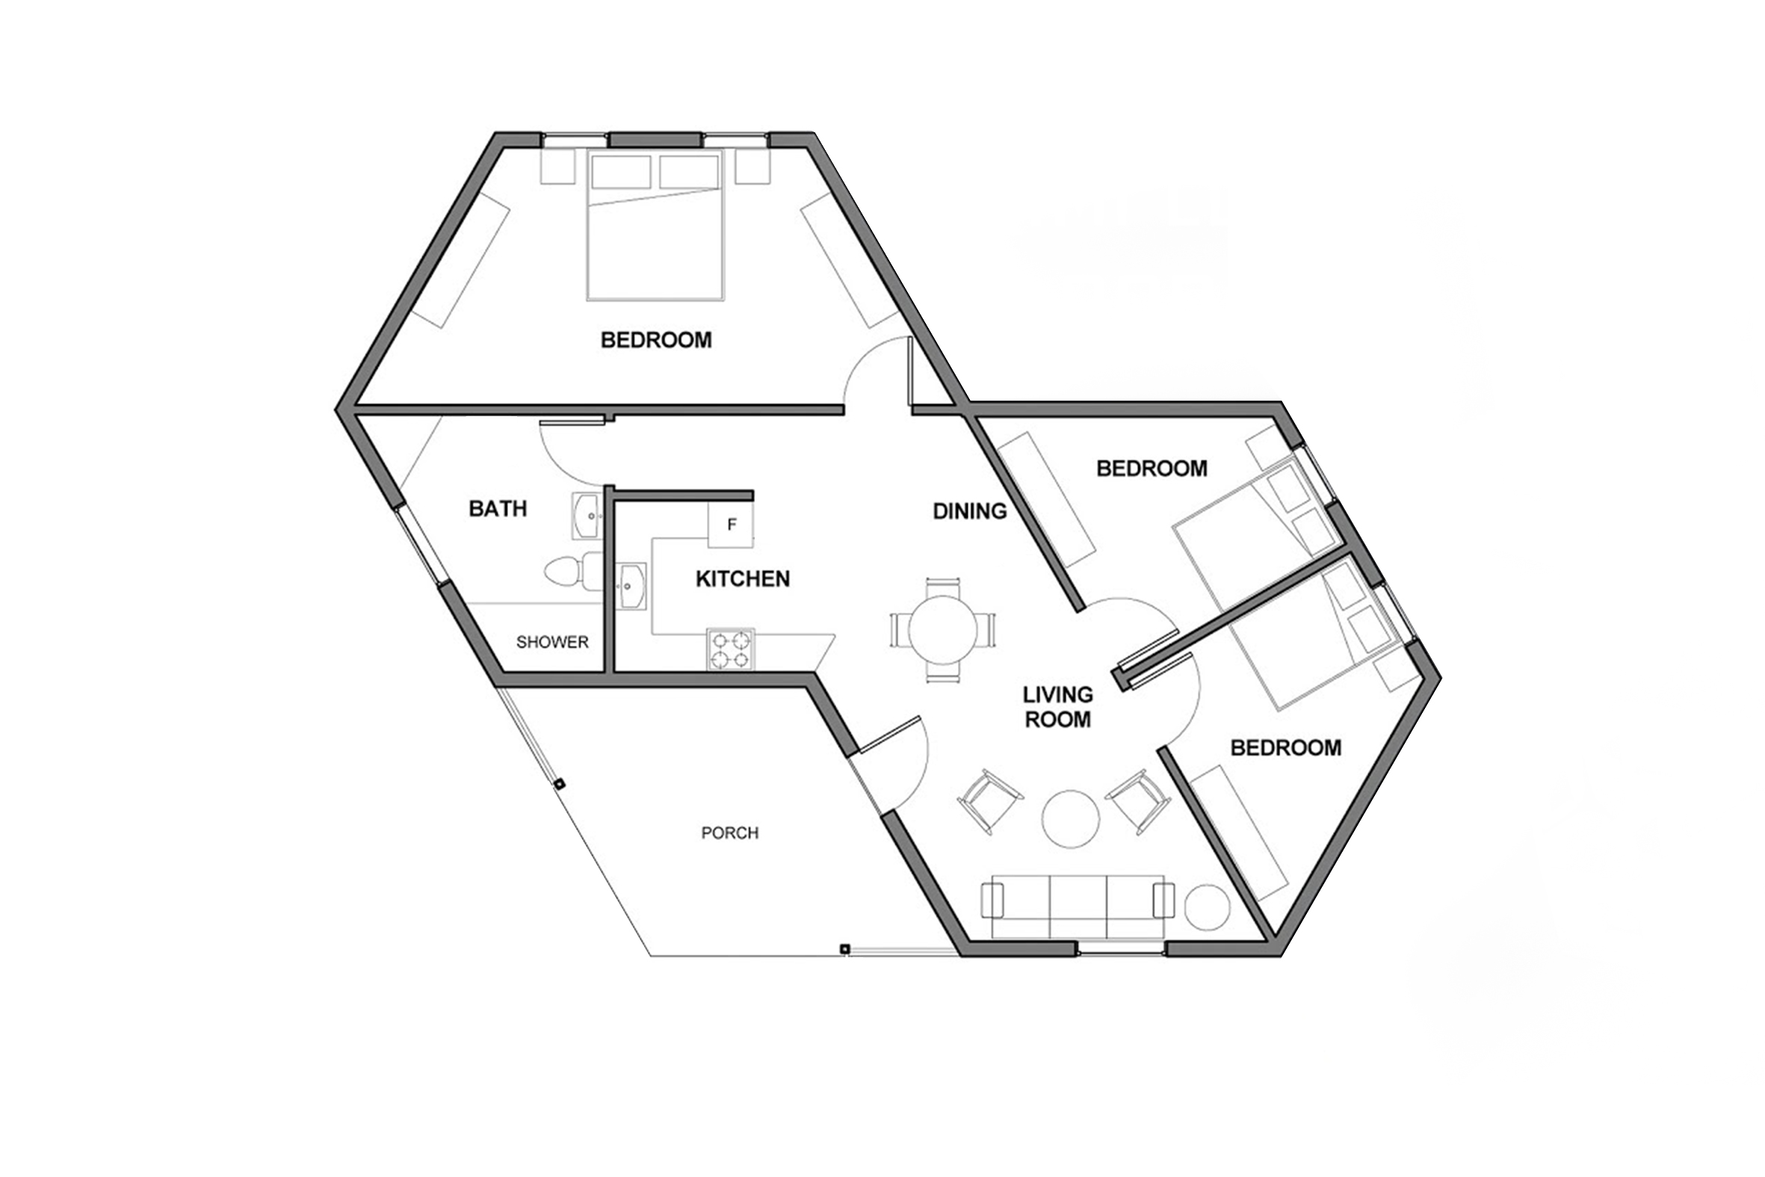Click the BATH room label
498,509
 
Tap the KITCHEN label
743,579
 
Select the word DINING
969,511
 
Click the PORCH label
730,833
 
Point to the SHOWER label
552,643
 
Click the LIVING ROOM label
1058,707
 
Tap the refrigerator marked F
732,525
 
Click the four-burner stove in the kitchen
731,649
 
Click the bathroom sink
587,516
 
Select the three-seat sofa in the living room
1078,906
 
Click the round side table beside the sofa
1208,907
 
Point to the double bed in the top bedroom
656,225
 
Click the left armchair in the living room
991,801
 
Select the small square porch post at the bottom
844,948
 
